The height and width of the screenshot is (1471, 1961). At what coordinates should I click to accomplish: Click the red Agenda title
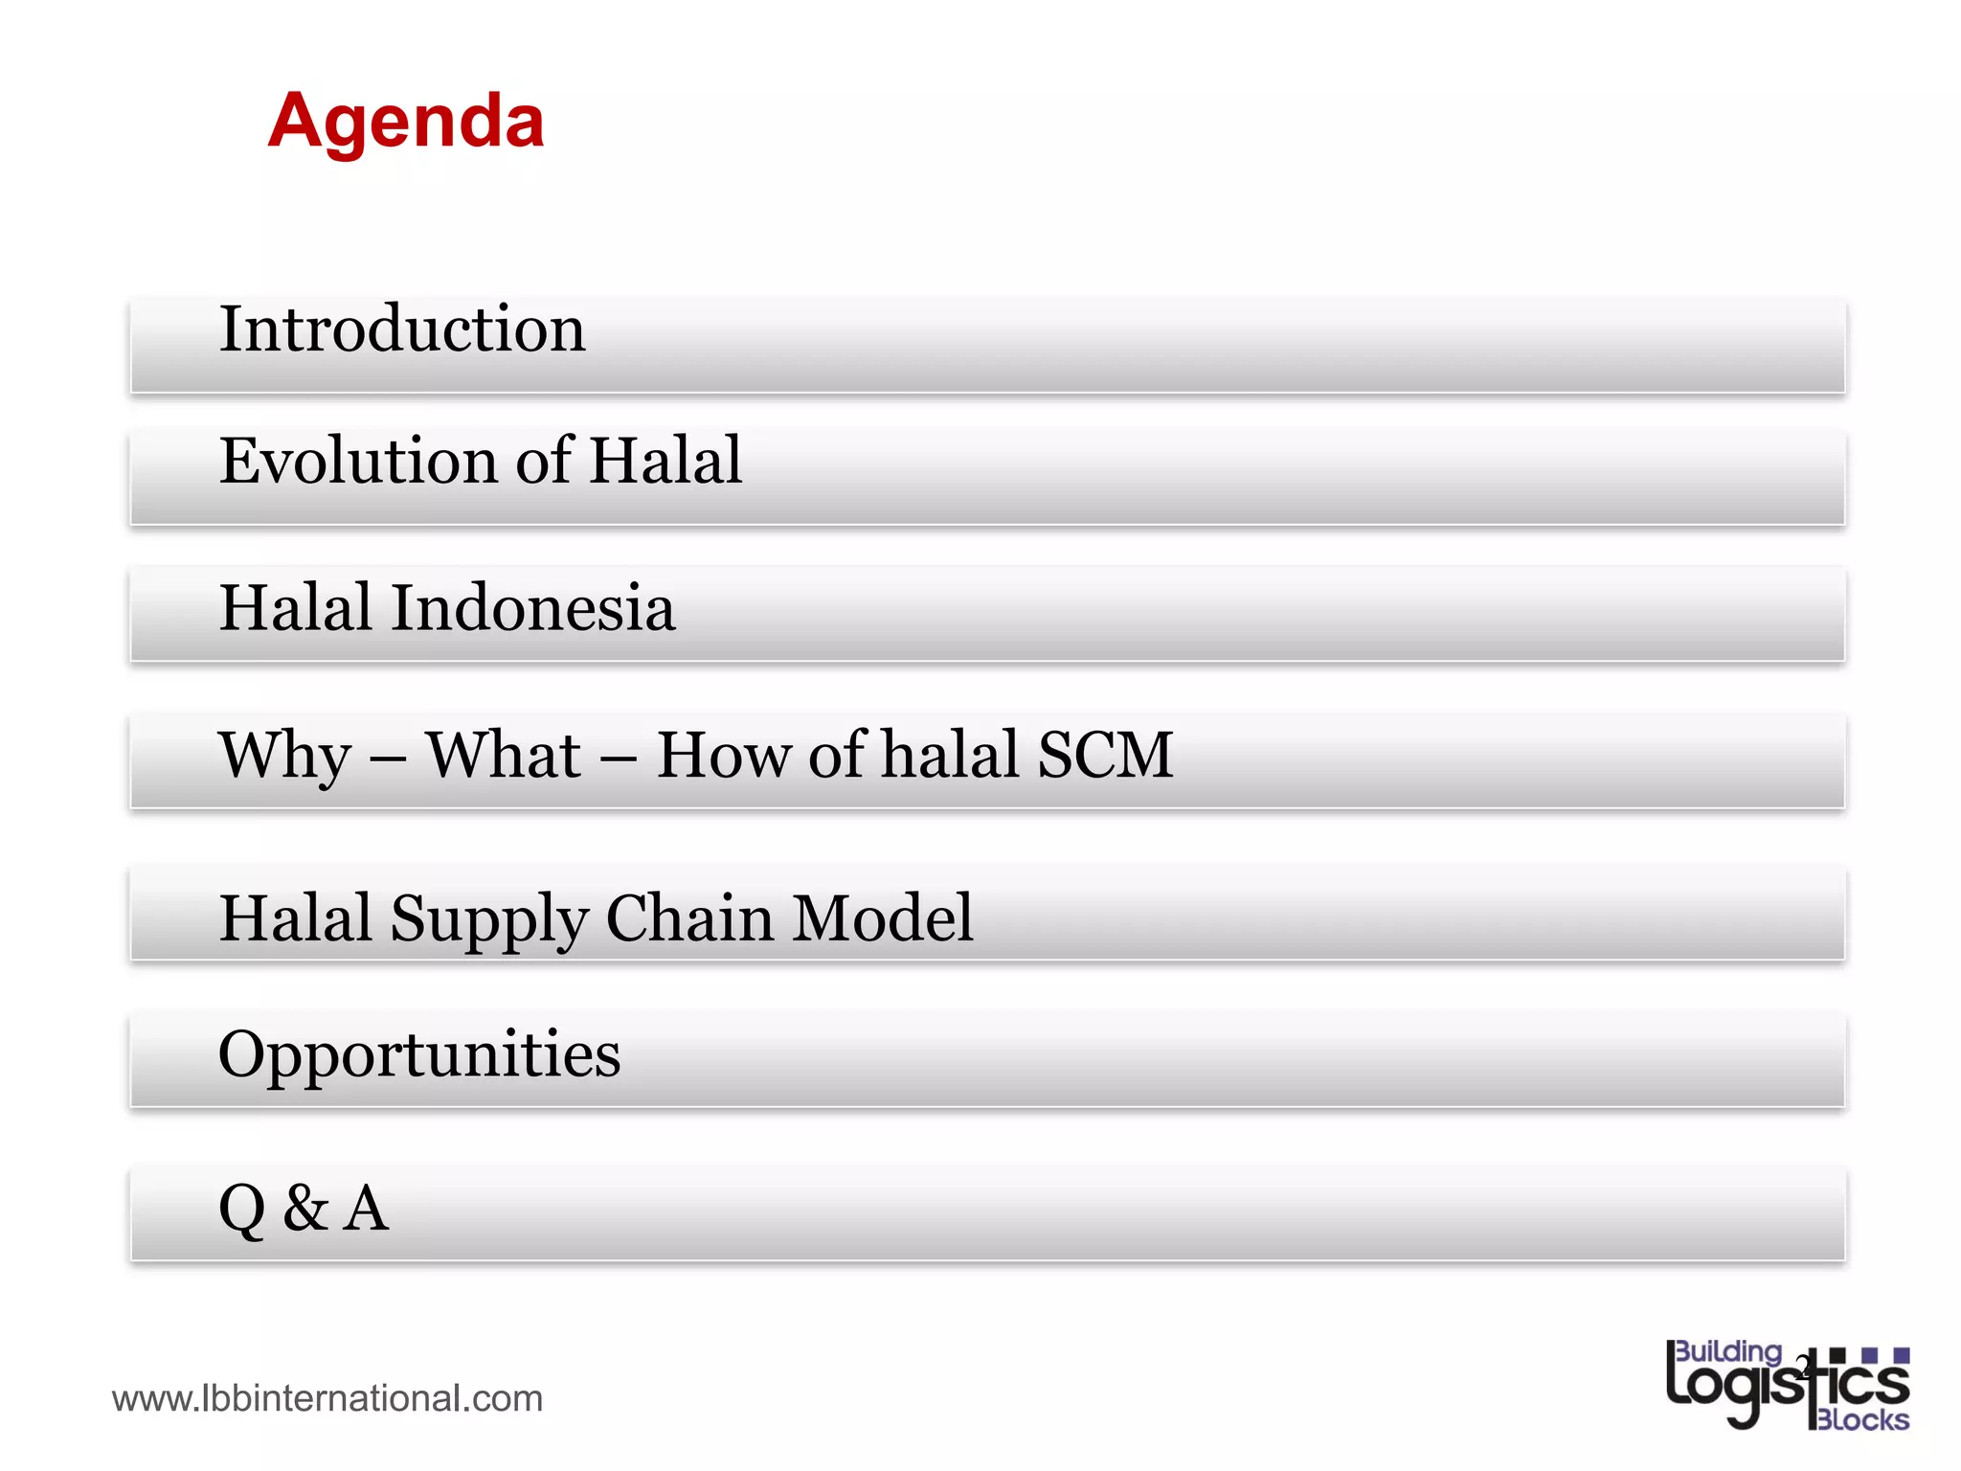406,122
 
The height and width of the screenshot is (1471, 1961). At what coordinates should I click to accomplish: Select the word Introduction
402,329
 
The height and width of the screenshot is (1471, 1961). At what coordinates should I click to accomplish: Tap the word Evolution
357,461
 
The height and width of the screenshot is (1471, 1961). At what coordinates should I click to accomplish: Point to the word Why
285,756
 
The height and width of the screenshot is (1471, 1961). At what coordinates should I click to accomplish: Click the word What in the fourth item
504,756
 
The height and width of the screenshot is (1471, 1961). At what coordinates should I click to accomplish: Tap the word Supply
488,919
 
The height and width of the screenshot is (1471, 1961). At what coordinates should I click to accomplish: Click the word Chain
689,919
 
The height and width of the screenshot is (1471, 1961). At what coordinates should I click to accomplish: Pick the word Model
883,919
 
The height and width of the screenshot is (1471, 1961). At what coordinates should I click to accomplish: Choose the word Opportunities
419,1055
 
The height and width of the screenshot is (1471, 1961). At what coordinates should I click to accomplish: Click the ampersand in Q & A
305,1208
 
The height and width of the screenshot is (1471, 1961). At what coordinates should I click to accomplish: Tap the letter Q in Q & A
241,1209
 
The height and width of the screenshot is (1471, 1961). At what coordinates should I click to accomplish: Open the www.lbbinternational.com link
327,1399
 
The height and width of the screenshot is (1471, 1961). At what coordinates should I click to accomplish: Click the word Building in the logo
1728,1351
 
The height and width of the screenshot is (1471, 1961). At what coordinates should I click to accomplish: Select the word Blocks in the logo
1861,1419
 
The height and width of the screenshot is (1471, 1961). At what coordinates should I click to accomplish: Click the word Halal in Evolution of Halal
665,461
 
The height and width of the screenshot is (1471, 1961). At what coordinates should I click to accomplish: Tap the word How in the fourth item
722,756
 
